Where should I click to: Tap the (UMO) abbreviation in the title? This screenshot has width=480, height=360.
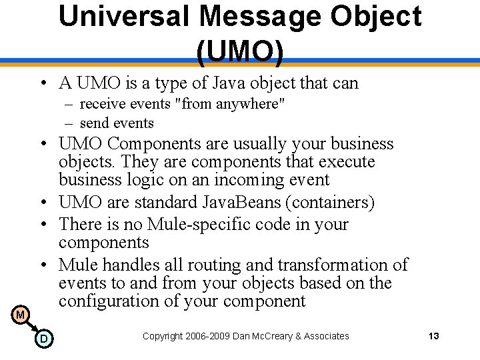pyautogui.click(x=240, y=52)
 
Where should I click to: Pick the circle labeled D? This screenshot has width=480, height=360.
pyautogui.click(x=43, y=339)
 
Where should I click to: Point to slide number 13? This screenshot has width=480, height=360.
pyautogui.click(x=433, y=336)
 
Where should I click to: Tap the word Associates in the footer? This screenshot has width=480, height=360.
pyautogui.click(x=327, y=336)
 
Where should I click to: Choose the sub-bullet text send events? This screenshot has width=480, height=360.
pyautogui.click(x=117, y=123)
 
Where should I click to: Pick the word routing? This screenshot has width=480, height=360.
pyautogui.click(x=219, y=265)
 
